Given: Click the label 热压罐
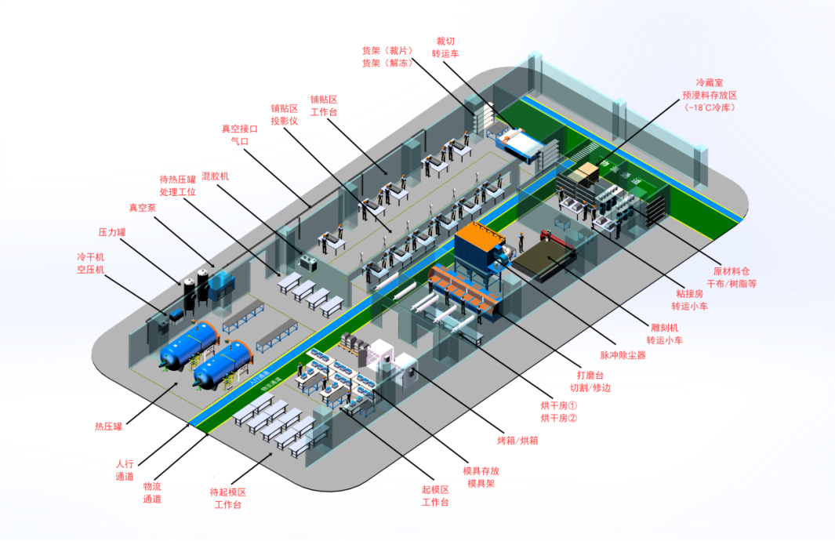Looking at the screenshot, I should (109, 427).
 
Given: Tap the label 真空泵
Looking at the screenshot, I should (143, 208).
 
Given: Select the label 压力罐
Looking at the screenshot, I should (112, 233).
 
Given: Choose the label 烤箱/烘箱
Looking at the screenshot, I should (518, 441).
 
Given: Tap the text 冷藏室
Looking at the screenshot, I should (710, 82).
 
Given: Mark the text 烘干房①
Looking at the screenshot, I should (559, 405).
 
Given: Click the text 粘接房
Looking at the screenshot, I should (689, 293).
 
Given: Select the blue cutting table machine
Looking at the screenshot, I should (521, 142).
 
